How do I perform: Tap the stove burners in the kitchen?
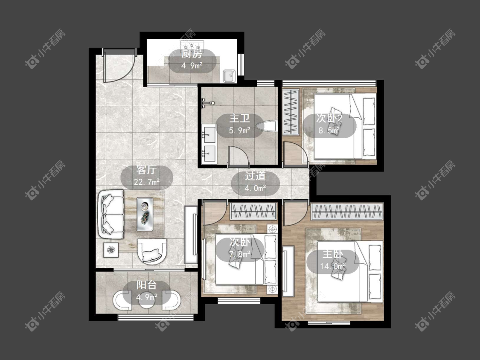(192, 45)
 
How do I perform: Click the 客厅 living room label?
(147, 170)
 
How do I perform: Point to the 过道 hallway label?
(255, 176)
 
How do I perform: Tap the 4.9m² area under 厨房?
(192, 66)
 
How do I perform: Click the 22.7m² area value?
(147, 182)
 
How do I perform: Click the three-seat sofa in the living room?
(111, 214)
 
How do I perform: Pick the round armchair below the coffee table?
(152, 251)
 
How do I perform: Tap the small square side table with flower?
(111, 250)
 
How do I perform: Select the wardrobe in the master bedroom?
(347, 211)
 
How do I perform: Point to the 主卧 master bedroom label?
(333, 254)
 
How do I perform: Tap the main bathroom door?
(238, 156)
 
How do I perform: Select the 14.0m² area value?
(333, 266)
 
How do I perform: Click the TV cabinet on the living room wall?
(191, 235)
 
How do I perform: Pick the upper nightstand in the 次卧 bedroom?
(272, 229)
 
